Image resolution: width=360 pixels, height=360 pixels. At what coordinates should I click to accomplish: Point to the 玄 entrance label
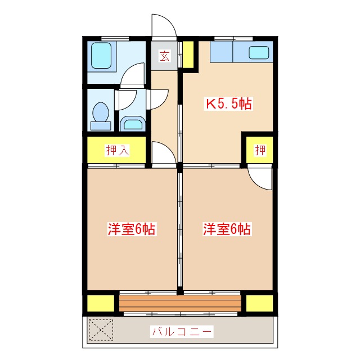(164, 56)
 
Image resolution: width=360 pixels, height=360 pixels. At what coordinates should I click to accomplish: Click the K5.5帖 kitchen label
(227, 103)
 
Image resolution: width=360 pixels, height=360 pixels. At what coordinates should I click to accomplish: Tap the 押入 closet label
(118, 150)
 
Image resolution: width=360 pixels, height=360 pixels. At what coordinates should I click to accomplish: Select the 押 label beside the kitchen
(260, 150)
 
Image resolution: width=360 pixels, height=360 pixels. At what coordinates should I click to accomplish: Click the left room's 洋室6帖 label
(132, 229)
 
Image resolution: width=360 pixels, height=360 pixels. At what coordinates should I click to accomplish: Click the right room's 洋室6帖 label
(227, 229)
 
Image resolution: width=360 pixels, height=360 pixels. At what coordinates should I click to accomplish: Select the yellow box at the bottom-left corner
(100, 304)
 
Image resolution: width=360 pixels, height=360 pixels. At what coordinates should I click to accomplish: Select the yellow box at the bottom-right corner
(260, 304)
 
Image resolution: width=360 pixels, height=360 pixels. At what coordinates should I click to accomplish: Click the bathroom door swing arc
(133, 74)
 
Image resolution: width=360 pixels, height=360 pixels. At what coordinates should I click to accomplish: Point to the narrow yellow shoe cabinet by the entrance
(189, 55)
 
